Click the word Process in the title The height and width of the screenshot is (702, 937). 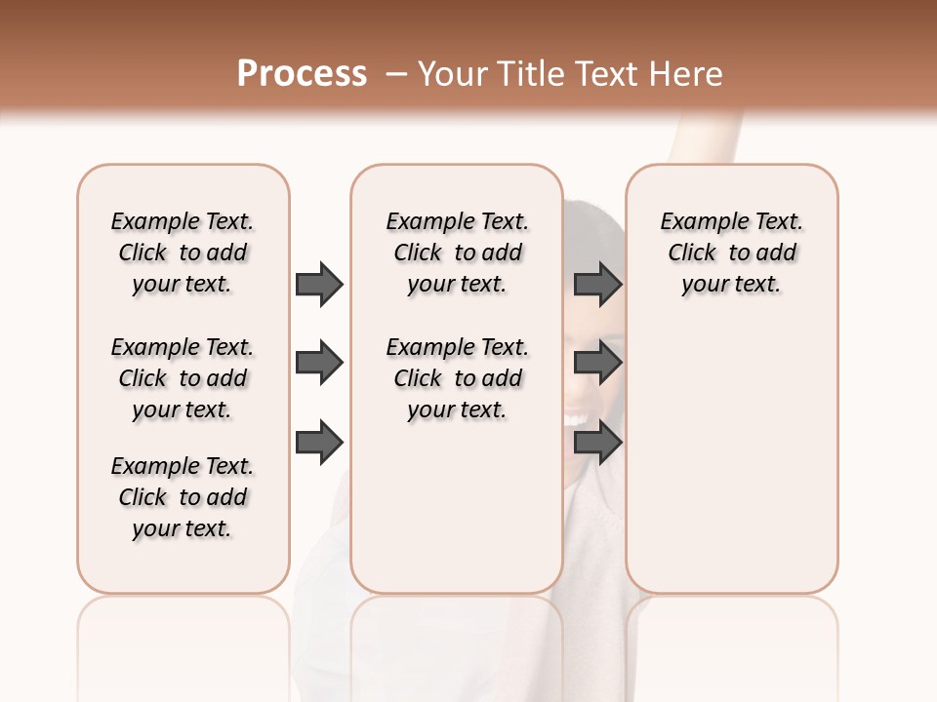coord(302,73)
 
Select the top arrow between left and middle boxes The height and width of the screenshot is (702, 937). coord(319,284)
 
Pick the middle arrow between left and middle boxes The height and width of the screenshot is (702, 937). coord(319,363)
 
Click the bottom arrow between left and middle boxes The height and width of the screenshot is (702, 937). coord(319,442)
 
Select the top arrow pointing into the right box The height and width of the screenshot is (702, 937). coord(598,284)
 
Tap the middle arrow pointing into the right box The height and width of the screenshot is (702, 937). coord(598,363)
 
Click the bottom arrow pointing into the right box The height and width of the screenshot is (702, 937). coord(598,442)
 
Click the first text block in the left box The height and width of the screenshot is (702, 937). coord(183,253)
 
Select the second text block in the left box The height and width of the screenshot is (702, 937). coord(183,378)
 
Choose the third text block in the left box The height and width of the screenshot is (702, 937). coord(183,497)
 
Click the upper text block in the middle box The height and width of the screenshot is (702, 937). coord(457,253)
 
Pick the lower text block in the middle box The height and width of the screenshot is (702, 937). coord(457,378)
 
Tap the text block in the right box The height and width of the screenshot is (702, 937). coord(731,253)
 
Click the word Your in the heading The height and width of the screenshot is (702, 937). coord(449,74)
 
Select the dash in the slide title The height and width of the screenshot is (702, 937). coord(395,74)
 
